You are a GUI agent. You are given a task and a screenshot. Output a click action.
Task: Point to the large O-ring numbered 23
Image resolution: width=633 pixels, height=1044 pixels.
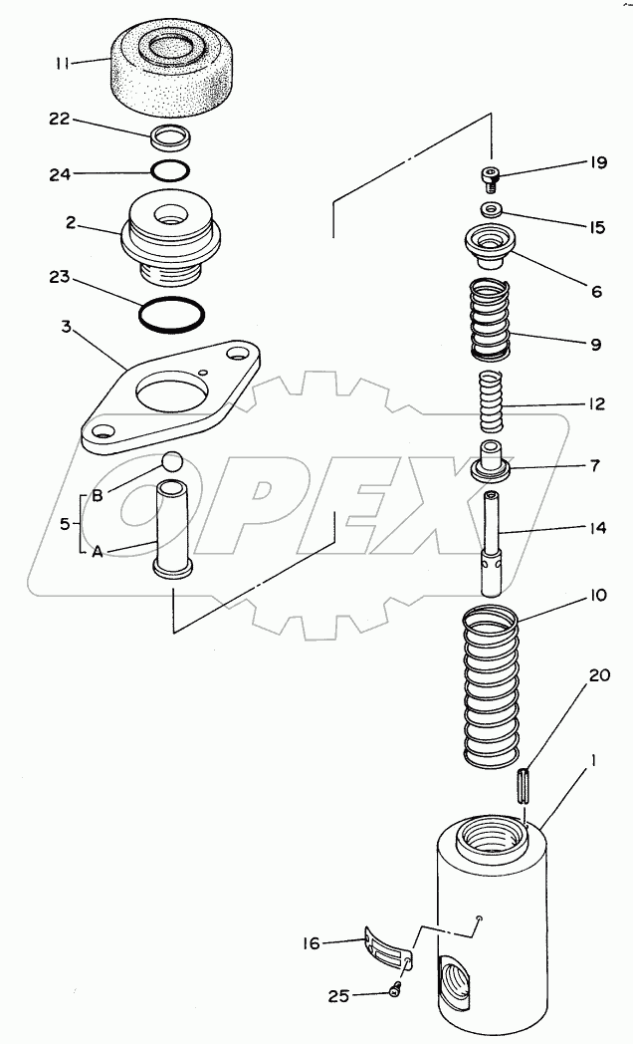click(x=172, y=314)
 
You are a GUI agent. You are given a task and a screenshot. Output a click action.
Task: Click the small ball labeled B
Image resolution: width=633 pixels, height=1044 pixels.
click(x=171, y=462)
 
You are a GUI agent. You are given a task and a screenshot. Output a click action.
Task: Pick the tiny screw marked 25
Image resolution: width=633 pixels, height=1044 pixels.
click(x=394, y=988)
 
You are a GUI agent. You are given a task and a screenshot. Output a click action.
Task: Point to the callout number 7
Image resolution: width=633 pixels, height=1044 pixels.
click(x=594, y=465)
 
